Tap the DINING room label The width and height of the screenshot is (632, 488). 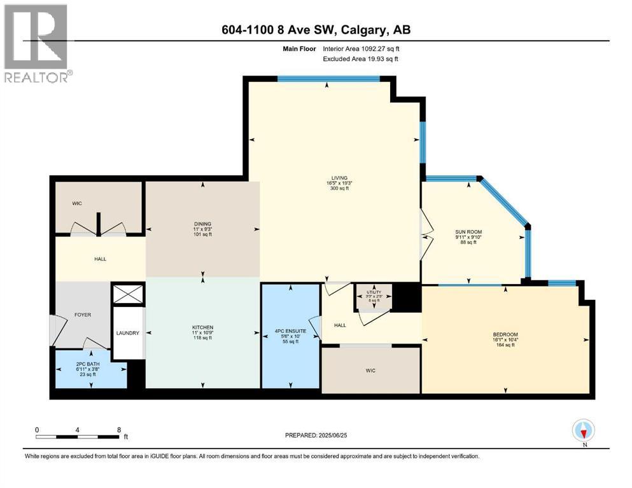coord(202,223)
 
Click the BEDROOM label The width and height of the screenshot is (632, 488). coord(505,335)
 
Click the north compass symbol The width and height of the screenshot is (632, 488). coord(583,431)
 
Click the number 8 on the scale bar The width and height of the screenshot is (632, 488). coord(118,429)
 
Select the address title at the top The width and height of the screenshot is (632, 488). coord(316,30)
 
